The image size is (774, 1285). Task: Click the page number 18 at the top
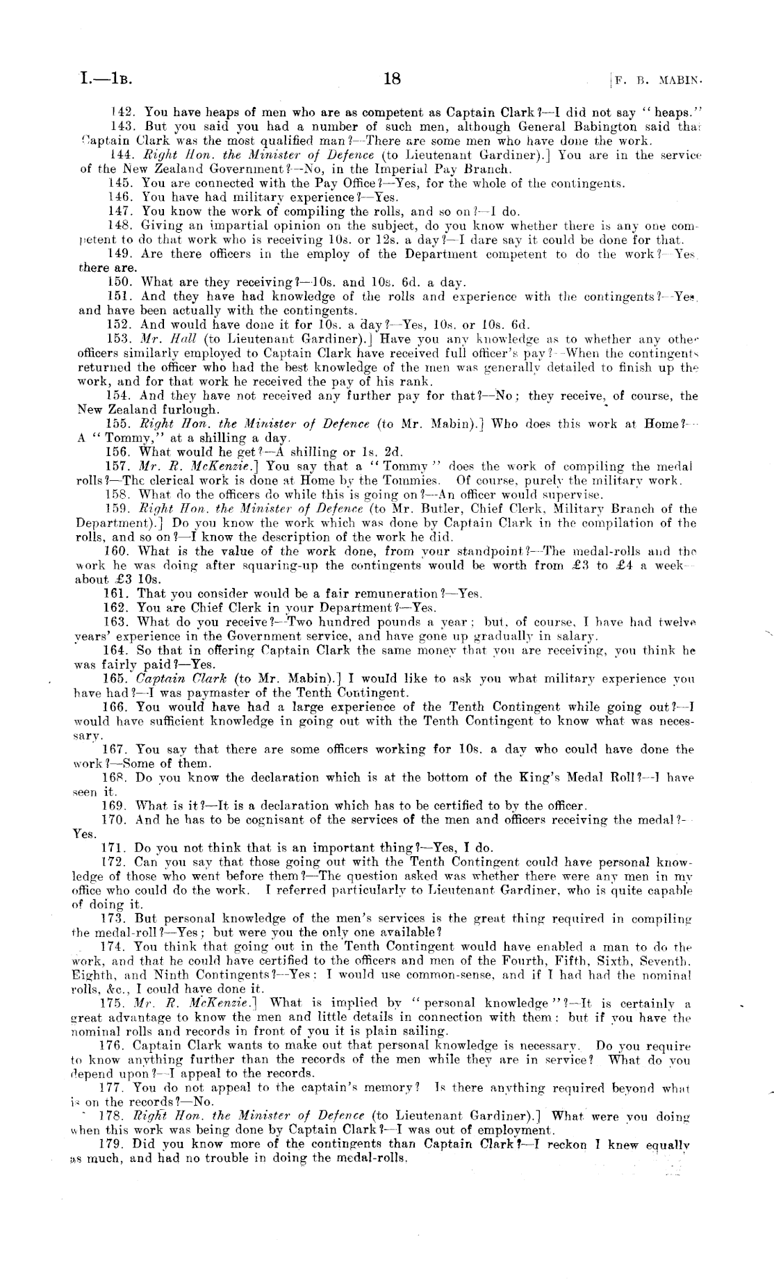pyautogui.click(x=392, y=79)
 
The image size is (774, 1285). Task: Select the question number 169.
pyautogui.click(x=114, y=806)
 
